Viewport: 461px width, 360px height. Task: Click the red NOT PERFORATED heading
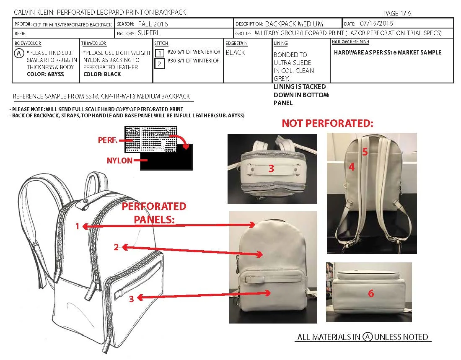(x=327, y=123)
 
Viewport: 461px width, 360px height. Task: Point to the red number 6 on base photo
(x=370, y=294)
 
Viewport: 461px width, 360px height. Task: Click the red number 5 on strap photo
(x=365, y=152)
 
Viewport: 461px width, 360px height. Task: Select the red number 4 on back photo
(x=352, y=167)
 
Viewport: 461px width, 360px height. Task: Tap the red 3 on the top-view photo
(x=271, y=169)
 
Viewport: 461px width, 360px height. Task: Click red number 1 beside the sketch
(x=77, y=226)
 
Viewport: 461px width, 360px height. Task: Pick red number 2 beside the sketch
(x=116, y=247)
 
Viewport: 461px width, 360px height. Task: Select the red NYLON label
(x=120, y=161)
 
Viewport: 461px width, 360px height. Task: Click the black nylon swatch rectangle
(x=168, y=161)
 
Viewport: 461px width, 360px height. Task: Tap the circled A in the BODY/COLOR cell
(x=19, y=53)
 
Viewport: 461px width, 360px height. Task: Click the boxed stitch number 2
(x=159, y=64)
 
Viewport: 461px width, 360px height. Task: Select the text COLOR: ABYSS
(x=45, y=74)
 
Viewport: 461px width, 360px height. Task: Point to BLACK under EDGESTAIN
(x=235, y=53)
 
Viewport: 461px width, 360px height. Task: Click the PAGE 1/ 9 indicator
(x=397, y=13)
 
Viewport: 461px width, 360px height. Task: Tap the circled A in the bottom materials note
(x=368, y=337)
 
